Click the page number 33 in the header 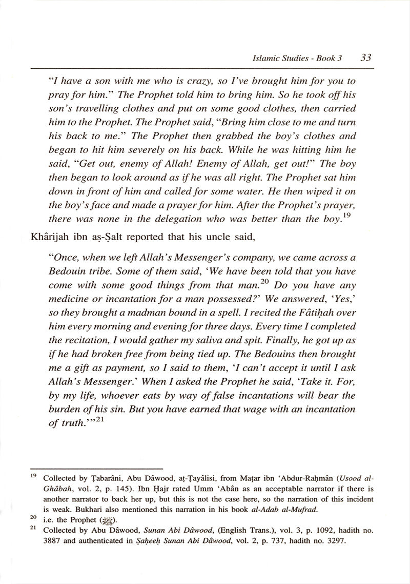pyautogui.click(x=365, y=58)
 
